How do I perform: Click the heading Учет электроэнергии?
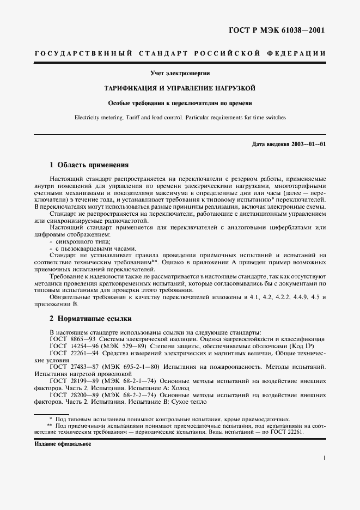[x=180, y=73]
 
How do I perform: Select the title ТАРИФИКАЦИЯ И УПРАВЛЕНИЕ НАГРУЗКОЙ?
[x=180, y=88]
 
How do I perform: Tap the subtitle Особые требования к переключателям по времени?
[x=180, y=102]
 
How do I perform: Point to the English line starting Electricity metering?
[x=180, y=117]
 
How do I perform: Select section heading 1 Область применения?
[x=89, y=165]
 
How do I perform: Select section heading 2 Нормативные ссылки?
[x=90, y=318]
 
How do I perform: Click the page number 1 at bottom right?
[x=324, y=459]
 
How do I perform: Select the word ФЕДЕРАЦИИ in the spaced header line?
[x=297, y=53]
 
